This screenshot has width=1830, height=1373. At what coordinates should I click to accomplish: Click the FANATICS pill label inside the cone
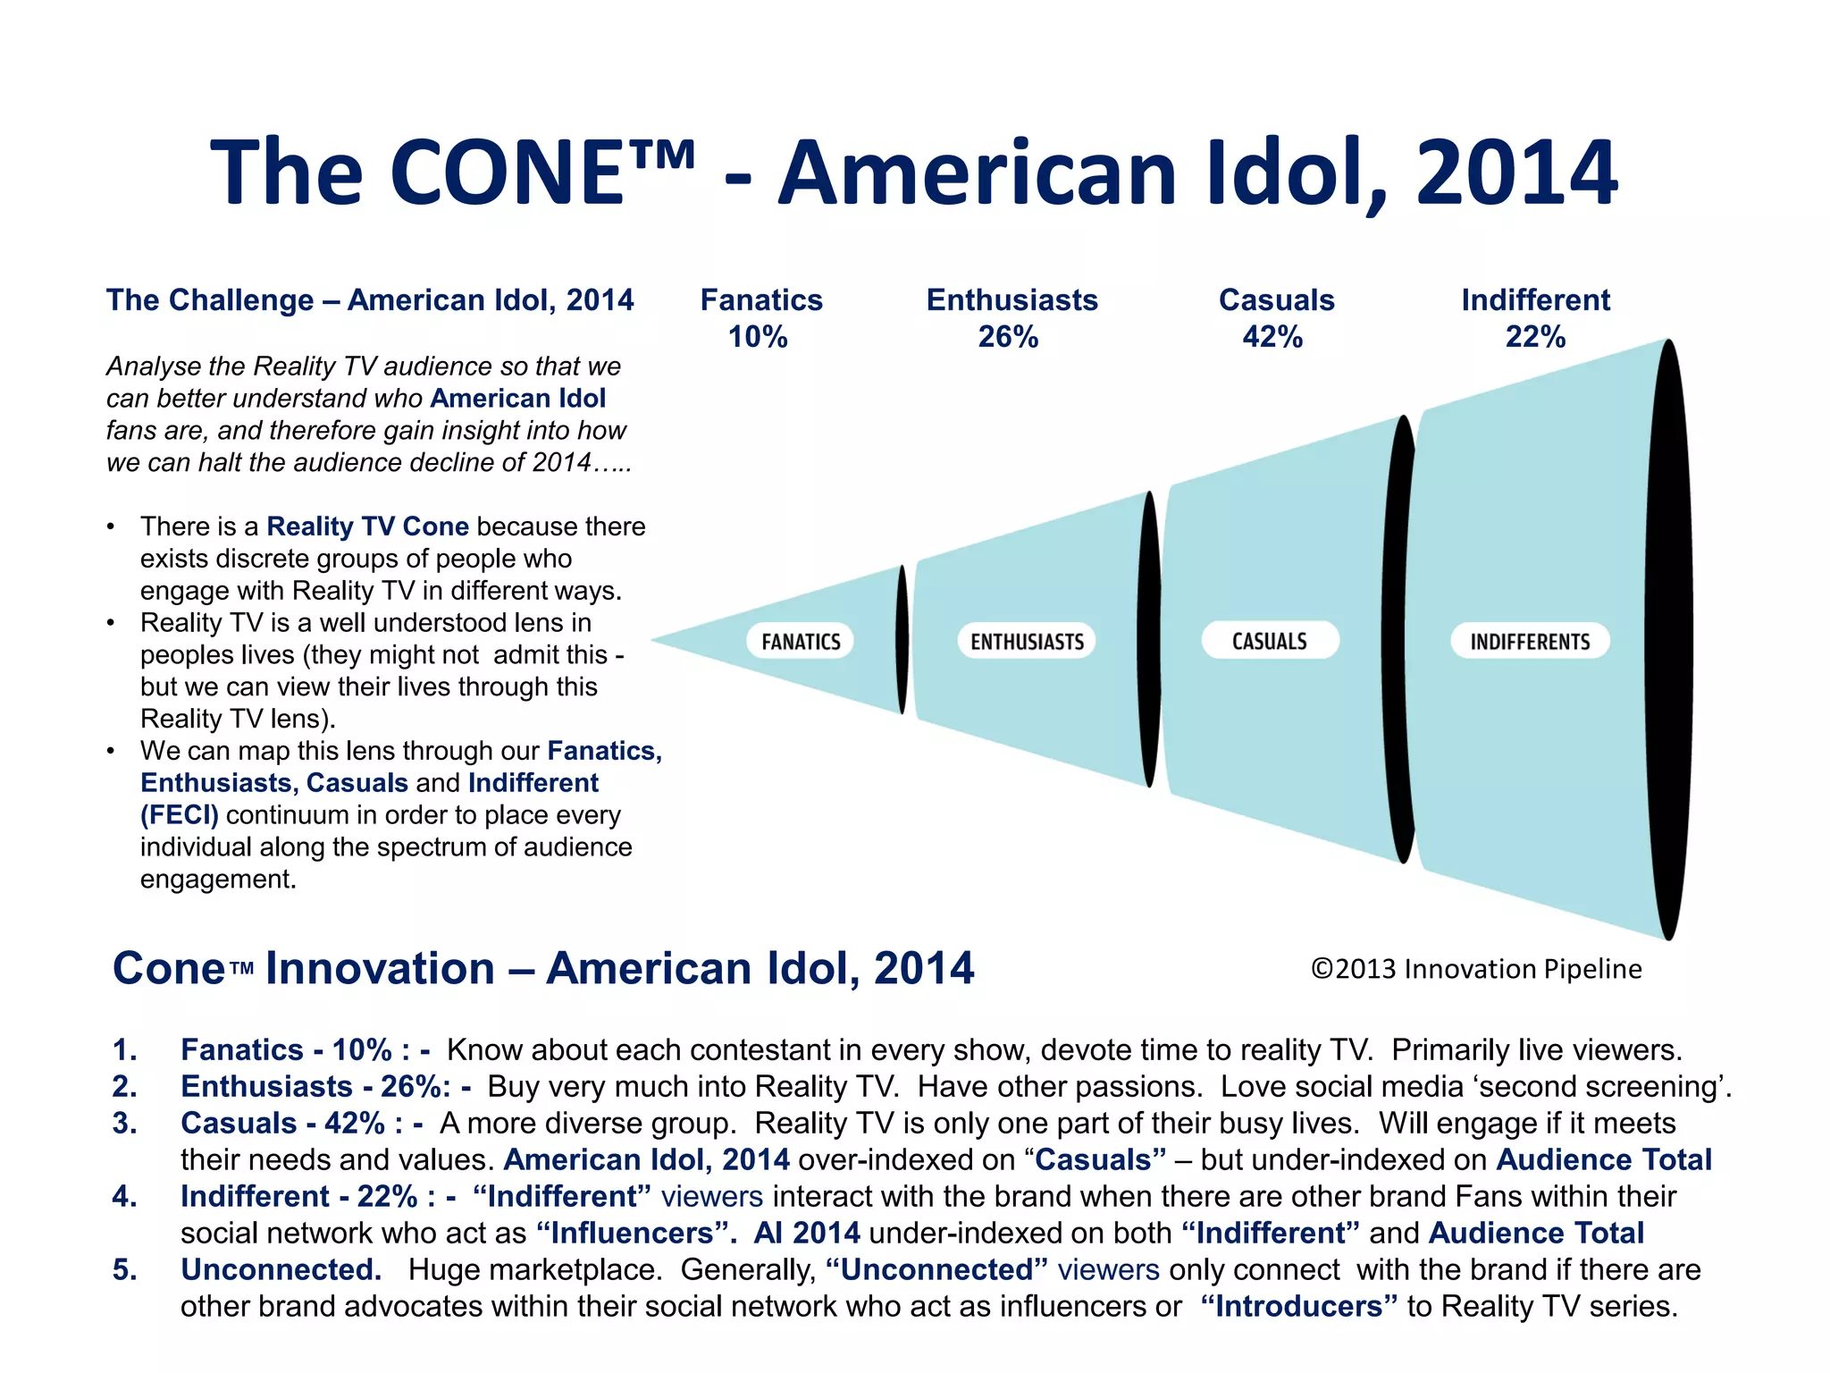click(x=801, y=641)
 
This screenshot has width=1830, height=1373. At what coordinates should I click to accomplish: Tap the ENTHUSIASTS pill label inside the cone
click(x=1027, y=641)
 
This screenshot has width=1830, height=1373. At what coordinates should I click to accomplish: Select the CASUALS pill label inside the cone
click(x=1270, y=640)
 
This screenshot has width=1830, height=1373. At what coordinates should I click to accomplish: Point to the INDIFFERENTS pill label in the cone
click(x=1530, y=641)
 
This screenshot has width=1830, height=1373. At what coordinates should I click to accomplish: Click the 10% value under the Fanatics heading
click(x=758, y=337)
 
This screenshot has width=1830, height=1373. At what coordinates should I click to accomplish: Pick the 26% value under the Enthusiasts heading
click(x=1008, y=337)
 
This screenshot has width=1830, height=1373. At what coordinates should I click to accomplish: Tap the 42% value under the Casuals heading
click(x=1272, y=337)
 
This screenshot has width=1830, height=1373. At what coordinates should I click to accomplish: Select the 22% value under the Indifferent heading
click(x=1535, y=337)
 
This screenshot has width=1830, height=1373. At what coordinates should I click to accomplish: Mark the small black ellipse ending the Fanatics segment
click(x=902, y=640)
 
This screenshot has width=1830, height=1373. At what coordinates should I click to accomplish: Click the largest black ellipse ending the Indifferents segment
click(x=1668, y=640)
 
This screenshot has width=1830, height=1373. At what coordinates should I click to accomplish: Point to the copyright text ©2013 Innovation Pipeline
click(x=1476, y=969)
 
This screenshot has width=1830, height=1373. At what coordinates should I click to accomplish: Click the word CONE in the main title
click(x=506, y=173)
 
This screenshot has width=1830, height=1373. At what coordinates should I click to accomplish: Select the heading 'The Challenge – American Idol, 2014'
click(x=370, y=300)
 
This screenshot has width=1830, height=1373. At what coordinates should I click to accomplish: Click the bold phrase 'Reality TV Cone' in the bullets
click(x=367, y=526)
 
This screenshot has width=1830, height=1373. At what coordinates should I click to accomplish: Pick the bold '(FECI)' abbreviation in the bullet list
click(x=179, y=814)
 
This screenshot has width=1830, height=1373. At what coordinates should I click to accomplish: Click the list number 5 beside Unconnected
click(x=124, y=1269)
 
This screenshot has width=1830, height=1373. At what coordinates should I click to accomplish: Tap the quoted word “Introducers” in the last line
click(x=1298, y=1306)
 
